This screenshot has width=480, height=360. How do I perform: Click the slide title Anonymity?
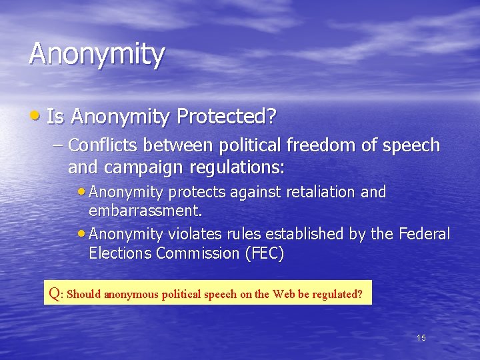[96, 55]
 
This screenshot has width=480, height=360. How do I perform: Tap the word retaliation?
[321, 192]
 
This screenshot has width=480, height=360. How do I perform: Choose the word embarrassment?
[145, 211]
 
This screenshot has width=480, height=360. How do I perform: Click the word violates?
[196, 235]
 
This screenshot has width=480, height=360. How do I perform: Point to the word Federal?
[424, 235]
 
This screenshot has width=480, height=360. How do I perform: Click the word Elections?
[120, 253]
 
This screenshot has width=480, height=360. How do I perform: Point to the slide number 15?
[421, 338]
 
